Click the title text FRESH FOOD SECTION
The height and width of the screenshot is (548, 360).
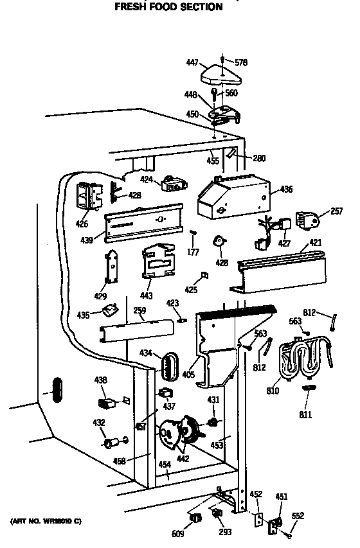click(x=168, y=8)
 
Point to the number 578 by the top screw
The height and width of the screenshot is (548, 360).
click(x=240, y=63)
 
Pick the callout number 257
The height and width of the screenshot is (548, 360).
click(x=336, y=211)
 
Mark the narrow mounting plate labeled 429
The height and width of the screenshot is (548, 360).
click(x=113, y=267)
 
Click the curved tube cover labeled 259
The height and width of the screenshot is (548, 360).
click(x=136, y=330)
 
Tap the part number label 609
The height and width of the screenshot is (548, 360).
click(x=178, y=533)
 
